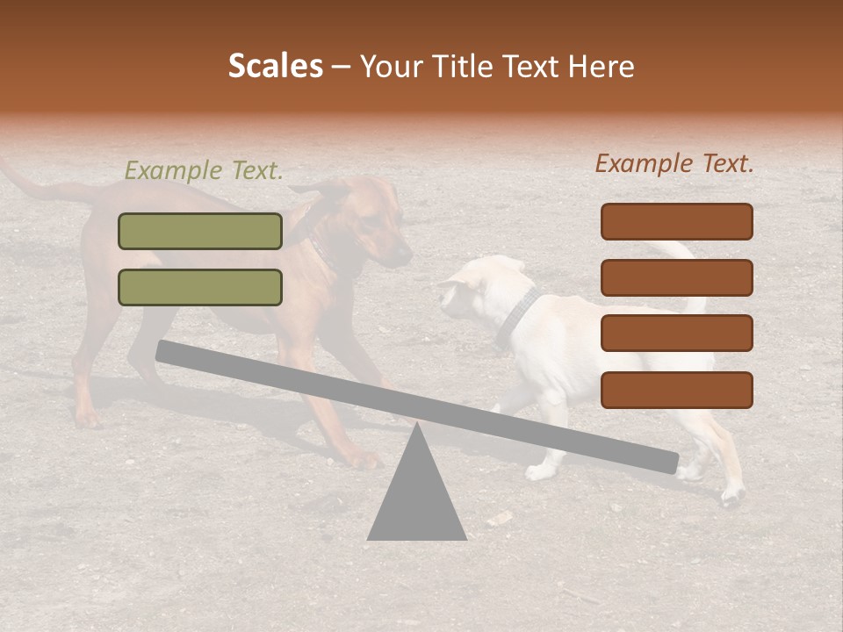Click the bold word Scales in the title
(275, 66)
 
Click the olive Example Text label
(204, 170)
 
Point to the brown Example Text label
(674, 163)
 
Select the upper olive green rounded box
(200, 231)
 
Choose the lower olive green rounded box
(200, 287)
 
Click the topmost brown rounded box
(676, 221)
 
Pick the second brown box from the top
(676, 277)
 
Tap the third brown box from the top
(676, 334)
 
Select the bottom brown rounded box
(676, 390)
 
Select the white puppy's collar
(518, 316)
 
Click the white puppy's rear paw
(731, 497)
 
